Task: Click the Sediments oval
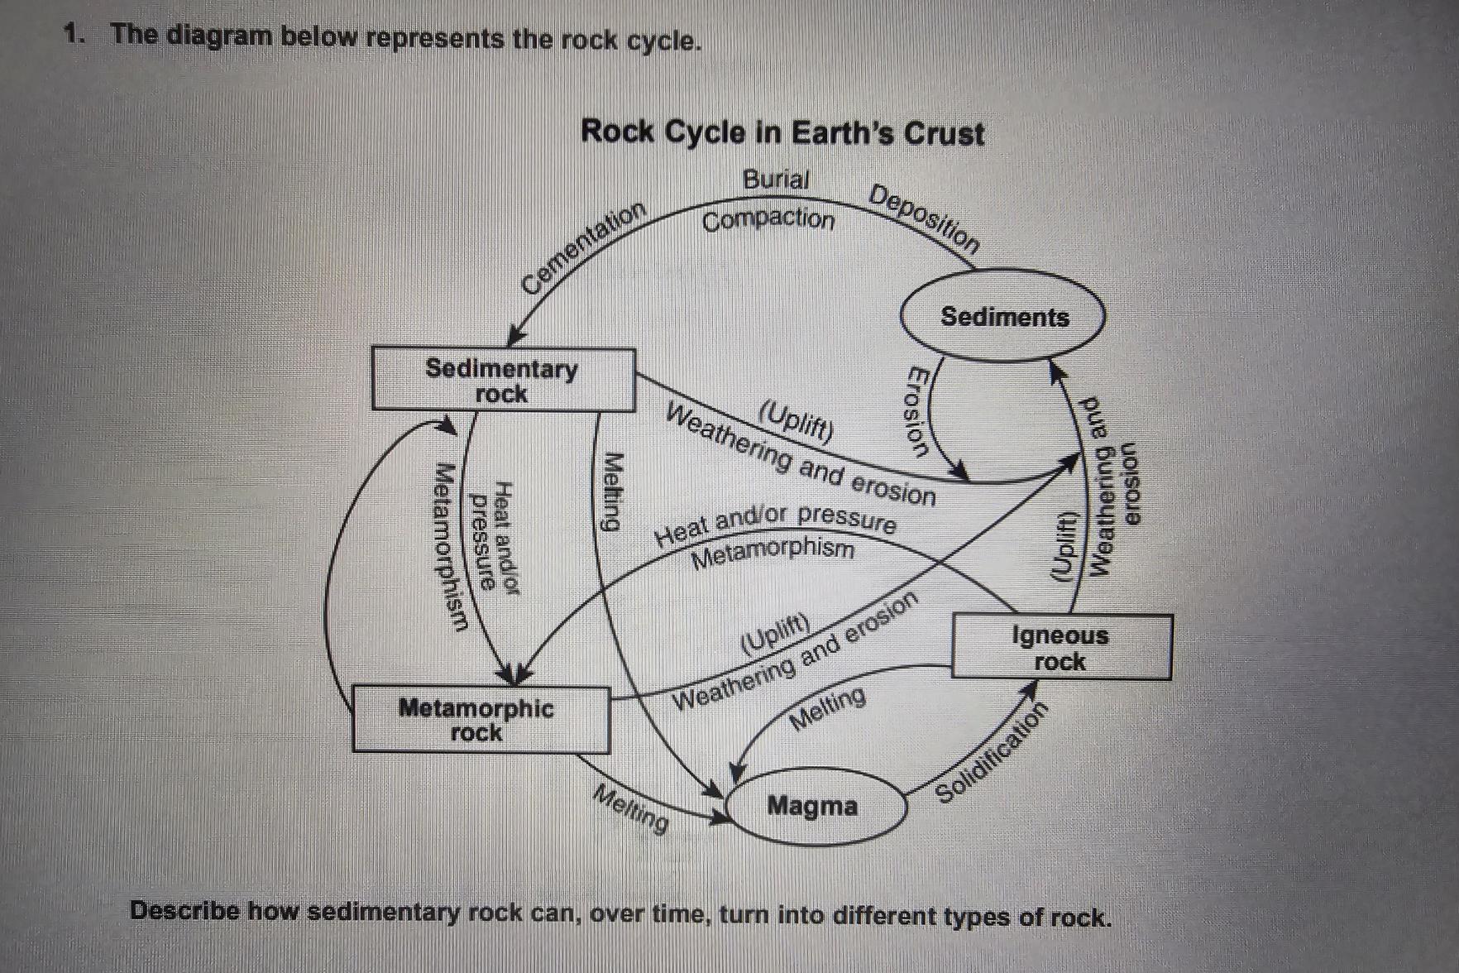(x=1002, y=316)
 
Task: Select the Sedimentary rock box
(x=503, y=380)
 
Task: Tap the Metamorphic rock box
(x=481, y=719)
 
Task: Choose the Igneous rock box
(x=1061, y=647)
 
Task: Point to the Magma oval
(x=815, y=805)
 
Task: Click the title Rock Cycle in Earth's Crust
(x=782, y=132)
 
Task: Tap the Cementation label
(x=583, y=247)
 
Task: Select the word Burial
(x=775, y=179)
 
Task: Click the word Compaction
(x=768, y=220)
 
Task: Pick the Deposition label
(x=926, y=218)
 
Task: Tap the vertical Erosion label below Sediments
(x=917, y=411)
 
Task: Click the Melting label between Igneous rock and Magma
(x=828, y=708)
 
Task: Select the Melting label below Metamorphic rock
(x=632, y=808)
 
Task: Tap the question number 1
(x=75, y=35)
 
